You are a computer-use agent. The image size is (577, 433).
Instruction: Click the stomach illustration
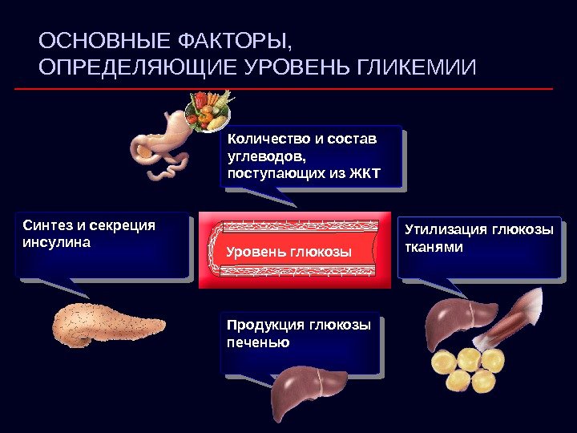tap(160, 144)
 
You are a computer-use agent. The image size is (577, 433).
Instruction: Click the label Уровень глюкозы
tap(289, 252)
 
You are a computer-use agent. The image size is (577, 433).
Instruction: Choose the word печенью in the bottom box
tap(258, 342)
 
